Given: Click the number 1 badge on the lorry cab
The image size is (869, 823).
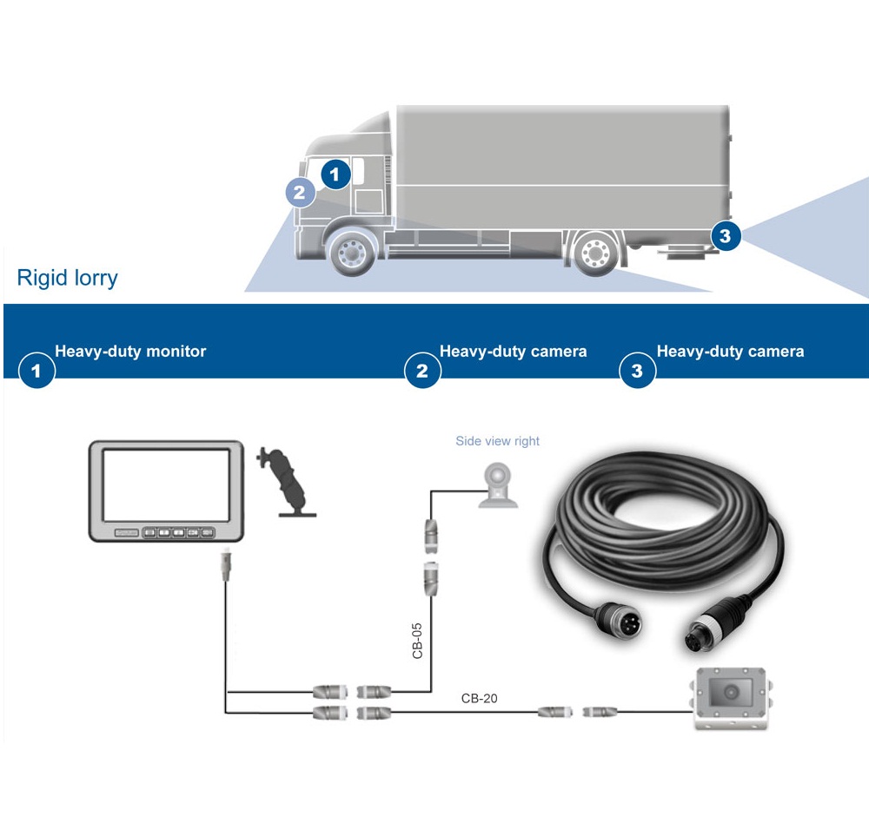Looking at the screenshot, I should point(335,174).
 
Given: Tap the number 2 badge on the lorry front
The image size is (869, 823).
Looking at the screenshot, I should point(300,192).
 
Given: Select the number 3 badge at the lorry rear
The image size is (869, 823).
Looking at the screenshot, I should point(725,234).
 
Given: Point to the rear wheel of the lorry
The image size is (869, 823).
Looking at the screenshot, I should point(596,253).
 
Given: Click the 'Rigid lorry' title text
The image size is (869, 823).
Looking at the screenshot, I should point(67,279).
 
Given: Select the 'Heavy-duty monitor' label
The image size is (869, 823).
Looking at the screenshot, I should point(130,352).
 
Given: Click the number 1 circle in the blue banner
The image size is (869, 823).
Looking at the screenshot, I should point(36,372).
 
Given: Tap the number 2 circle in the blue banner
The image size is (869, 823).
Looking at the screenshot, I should point(422,372).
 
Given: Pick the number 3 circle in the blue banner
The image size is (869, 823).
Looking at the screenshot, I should point(637,372).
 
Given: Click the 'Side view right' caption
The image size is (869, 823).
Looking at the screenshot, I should point(497,441).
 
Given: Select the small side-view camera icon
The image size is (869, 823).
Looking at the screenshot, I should point(496,484).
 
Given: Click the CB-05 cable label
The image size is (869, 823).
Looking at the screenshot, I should point(418,639).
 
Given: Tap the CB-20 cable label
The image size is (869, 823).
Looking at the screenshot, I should point(479,698).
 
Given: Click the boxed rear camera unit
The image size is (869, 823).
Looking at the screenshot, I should point(730,698).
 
